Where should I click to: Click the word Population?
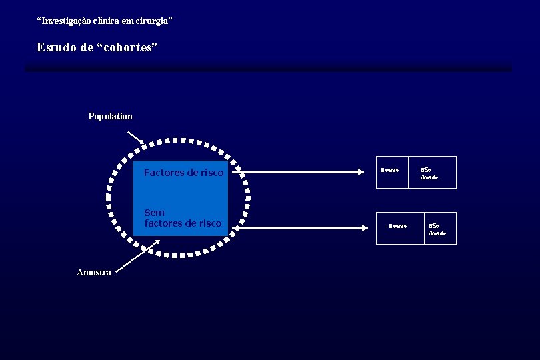[110, 117]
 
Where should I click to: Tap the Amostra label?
[94, 273]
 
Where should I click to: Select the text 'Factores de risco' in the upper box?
[183, 173]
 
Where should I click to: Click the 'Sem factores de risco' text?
[183, 218]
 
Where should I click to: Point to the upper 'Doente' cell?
[390, 171]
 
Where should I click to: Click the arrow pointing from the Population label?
[135, 137]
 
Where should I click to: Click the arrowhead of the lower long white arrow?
[364, 228]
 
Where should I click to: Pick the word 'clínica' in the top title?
[107, 21]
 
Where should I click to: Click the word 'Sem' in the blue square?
[154, 213]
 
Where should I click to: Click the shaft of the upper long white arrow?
[300, 172]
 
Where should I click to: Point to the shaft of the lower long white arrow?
[300, 228]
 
